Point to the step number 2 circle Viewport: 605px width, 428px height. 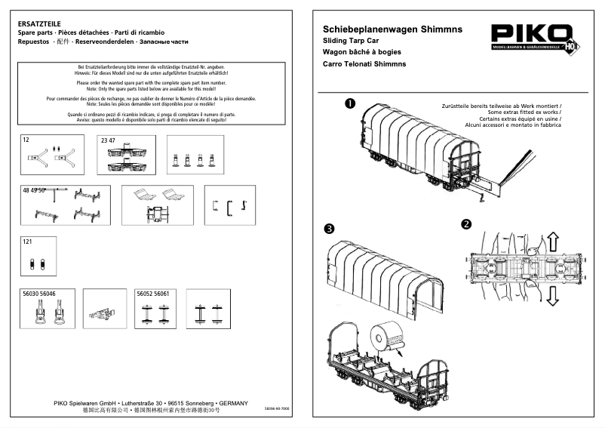(x=466, y=224)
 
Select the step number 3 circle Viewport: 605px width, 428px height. (x=329, y=228)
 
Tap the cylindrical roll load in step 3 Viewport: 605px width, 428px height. (x=389, y=336)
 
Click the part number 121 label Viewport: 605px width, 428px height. (x=28, y=242)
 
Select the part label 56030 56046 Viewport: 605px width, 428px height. (x=38, y=293)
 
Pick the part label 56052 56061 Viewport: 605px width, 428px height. (x=152, y=293)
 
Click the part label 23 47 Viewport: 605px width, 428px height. (x=108, y=140)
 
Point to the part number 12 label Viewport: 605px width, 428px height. (x=26, y=140)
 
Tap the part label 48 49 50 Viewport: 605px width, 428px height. (x=35, y=191)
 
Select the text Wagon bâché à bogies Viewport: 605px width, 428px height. (x=361, y=52)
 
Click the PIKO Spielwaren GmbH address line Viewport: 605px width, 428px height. (x=151, y=403)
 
